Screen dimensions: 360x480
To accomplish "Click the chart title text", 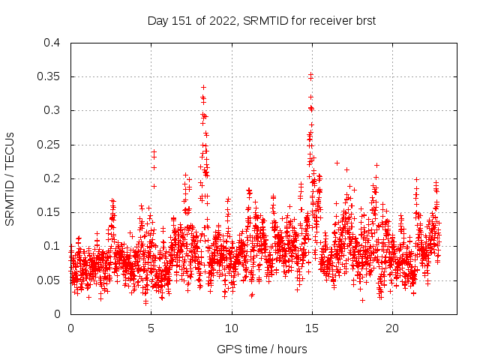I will coord(261,20).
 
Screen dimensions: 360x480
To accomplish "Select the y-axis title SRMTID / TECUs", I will coord(10,178).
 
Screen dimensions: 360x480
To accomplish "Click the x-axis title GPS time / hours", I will coord(262,349).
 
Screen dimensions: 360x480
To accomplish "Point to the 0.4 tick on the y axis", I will coord(52,43).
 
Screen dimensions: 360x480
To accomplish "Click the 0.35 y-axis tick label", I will coord(49,76).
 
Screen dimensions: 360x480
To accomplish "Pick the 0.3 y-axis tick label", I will coord(52,110).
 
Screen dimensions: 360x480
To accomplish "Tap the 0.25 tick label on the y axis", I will coord(49,145).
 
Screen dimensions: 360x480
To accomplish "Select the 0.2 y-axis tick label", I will coord(52,178).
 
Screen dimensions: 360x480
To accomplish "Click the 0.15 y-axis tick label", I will coord(49,212).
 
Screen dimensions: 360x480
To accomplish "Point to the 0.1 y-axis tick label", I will coord(52,246).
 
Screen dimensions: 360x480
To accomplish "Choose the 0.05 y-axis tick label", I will coord(49,280).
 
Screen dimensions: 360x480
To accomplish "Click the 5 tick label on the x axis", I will coord(151,328).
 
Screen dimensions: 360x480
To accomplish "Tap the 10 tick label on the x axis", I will coord(232,328).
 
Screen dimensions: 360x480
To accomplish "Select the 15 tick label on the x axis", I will coord(312,328).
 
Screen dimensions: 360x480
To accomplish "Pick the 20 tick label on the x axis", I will coord(392,328).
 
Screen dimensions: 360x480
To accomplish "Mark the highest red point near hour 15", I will coord(310,74).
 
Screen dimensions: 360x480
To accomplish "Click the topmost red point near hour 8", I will coord(203,87).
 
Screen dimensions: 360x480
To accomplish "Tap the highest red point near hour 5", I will coord(154,151).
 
